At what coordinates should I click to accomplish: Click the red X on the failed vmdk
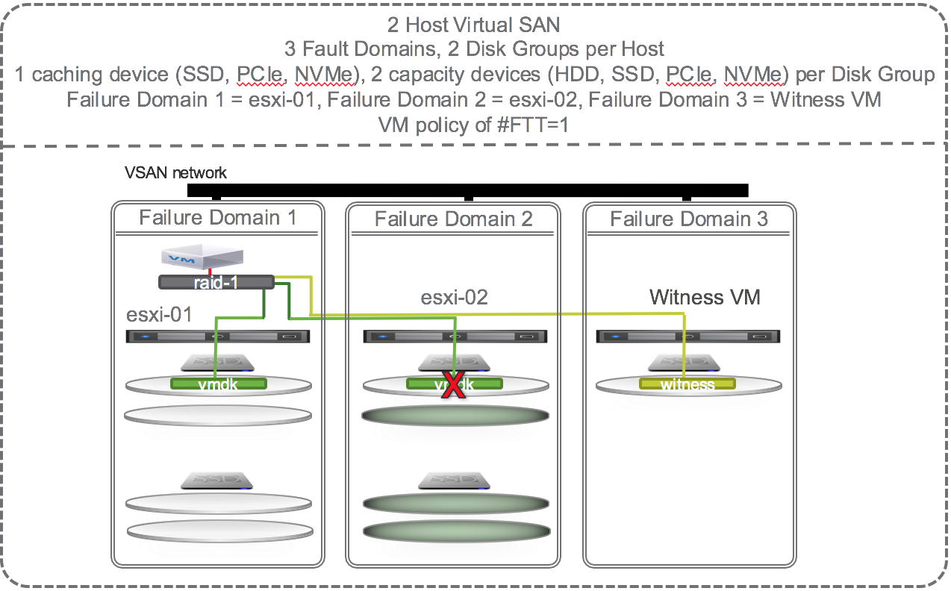pos(450,387)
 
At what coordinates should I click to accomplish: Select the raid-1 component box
pos(215,282)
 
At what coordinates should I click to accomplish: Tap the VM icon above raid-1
pos(202,257)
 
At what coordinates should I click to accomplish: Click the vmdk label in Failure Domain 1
pos(218,384)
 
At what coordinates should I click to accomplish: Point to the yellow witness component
pos(687,384)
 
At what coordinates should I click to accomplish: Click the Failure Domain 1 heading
pos(217,217)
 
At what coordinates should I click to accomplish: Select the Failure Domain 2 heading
pos(453,219)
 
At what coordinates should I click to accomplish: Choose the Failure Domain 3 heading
pos(688,219)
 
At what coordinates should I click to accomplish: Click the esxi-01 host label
pos(159,314)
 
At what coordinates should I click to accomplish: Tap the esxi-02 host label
pos(454,297)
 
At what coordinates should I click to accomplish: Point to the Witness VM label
pos(704,297)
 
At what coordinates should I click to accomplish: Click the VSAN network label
pos(175,173)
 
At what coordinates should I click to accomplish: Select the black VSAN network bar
pos(467,190)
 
